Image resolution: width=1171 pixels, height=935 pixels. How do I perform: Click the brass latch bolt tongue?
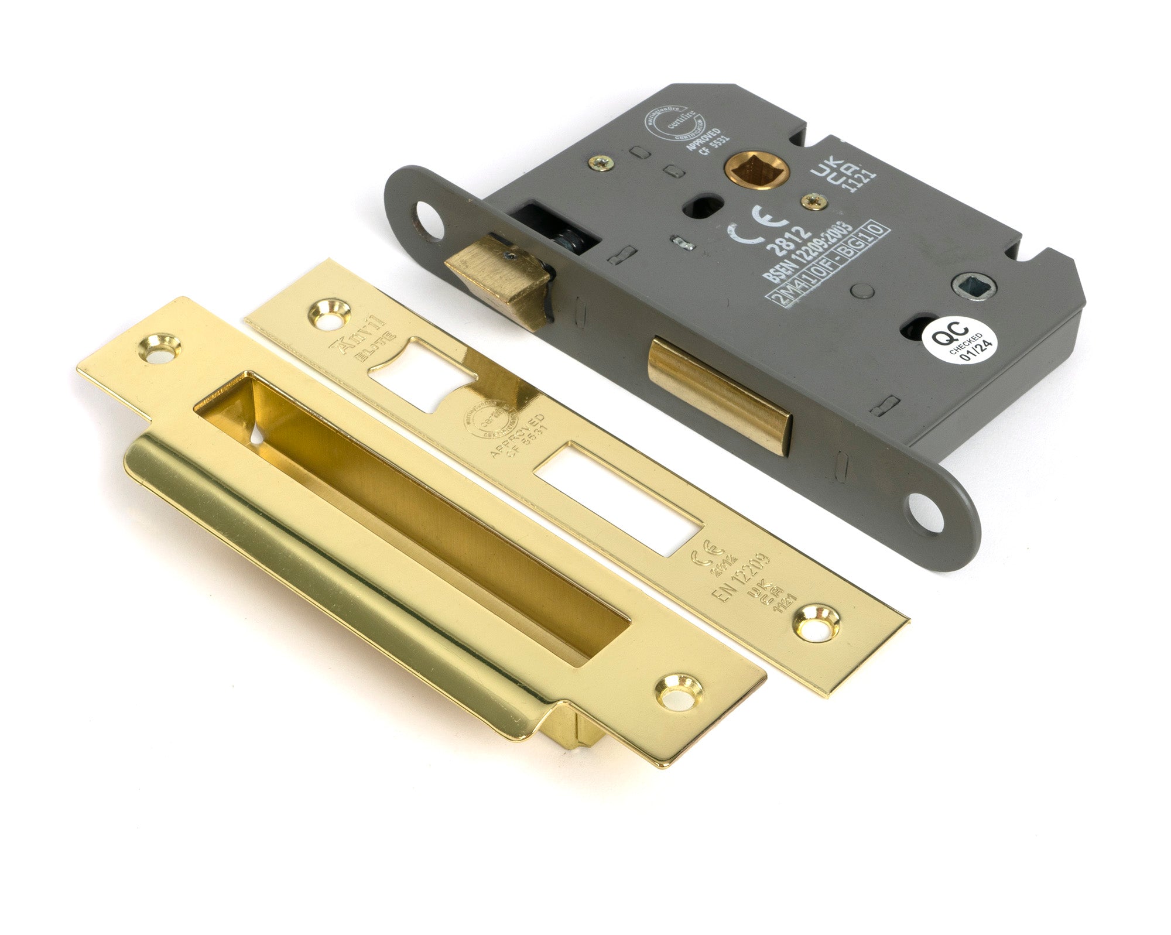pos(497,278)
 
